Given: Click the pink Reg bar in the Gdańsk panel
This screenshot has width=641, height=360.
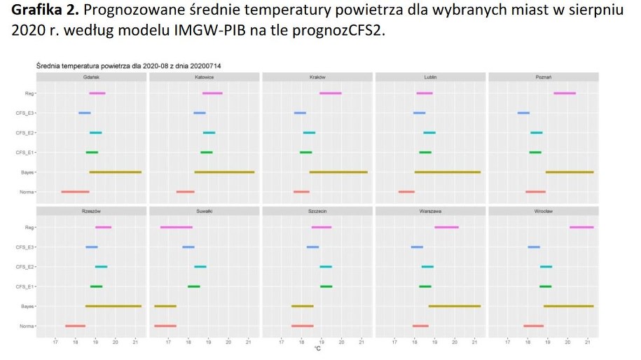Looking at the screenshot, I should (97, 93).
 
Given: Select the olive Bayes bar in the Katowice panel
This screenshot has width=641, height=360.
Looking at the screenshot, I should (224, 172).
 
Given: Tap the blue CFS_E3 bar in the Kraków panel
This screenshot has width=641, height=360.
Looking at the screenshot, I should (300, 113).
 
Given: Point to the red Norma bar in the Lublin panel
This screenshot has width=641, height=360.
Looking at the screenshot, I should (406, 191).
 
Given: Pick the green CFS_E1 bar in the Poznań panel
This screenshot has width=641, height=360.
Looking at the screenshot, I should (535, 152).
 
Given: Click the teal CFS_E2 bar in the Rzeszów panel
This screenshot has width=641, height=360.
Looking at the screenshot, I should (101, 267).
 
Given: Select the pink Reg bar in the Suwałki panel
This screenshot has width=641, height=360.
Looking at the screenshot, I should (176, 227).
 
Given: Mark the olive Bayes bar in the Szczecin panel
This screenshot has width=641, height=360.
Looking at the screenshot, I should (303, 306).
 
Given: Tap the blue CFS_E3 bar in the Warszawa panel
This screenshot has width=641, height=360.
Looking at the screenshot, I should (417, 247).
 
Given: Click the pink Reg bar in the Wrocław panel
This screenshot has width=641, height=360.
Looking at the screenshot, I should (581, 227).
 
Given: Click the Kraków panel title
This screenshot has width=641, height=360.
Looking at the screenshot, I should (317, 77).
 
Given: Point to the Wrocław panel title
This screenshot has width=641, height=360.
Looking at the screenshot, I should (544, 211).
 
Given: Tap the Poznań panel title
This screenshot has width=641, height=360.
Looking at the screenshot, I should (544, 77).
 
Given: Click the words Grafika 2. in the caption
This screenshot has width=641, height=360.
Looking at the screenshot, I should (40, 12).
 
